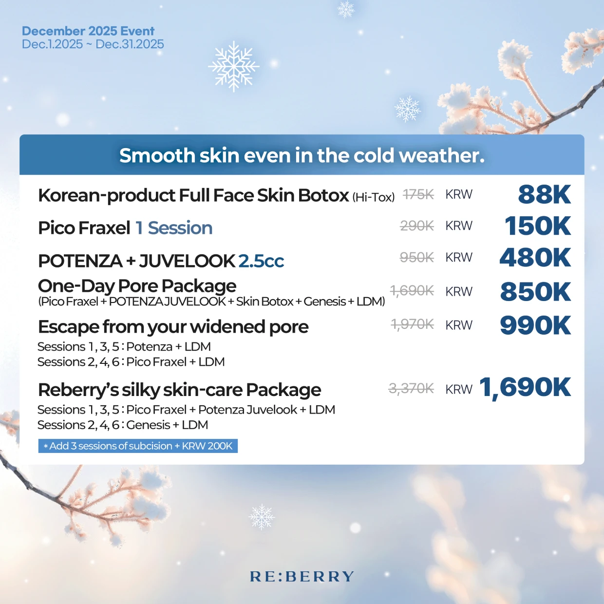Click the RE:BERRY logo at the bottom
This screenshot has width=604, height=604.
click(302, 577)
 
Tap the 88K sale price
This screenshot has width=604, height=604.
click(544, 194)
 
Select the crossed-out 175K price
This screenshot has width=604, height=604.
click(418, 195)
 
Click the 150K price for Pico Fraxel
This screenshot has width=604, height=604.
click(537, 226)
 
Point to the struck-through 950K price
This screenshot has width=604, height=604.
click(416, 257)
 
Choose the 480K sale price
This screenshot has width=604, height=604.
click(535, 258)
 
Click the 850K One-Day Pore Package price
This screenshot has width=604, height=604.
click(535, 292)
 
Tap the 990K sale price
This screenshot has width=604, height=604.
click(535, 325)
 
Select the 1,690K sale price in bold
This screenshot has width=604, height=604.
click(525, 388)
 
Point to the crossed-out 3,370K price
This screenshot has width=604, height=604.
click(411, 389)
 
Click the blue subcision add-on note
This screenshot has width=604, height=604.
click(138, 446)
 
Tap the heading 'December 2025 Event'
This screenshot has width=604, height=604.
click(88, 31)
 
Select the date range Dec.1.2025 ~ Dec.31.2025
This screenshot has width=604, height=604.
click(93, 44)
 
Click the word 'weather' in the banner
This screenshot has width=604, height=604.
click(441, 155)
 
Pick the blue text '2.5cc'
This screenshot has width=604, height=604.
click(261, 261)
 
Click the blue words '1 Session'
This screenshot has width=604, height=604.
click(174, 228)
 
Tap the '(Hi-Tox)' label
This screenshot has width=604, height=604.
click(373, 197)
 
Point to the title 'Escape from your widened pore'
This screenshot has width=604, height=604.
click(173, 327)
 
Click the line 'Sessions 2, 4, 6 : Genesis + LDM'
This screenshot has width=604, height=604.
click(123, 425)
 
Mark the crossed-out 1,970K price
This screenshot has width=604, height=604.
click(412, 324)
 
